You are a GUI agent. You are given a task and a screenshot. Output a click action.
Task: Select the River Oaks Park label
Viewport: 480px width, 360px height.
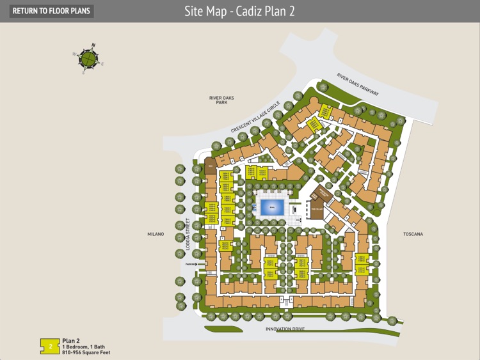222,100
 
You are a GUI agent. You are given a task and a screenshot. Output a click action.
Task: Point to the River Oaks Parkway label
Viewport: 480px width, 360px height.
358,85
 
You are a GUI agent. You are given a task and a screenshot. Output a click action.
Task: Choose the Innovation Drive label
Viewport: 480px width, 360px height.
285,329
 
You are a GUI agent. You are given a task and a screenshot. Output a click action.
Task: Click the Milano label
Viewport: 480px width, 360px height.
156,234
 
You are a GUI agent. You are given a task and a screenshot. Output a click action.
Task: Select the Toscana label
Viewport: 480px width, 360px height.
413,234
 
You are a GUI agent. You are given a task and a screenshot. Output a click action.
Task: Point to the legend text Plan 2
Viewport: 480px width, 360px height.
70,341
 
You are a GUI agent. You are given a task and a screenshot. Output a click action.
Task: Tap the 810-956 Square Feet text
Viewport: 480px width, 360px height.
86,352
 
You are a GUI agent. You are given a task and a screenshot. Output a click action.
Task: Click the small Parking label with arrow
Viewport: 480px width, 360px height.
193,263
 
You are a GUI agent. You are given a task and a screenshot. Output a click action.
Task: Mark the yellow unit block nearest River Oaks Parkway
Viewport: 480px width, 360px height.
326,112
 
